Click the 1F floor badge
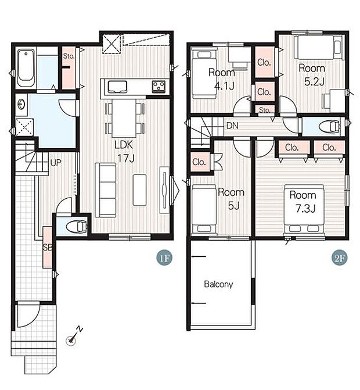click(x=164, y=258)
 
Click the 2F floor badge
click(x=339, y=258)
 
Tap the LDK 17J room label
click(x=124, y=151)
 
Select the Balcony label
click(x=218, y=284)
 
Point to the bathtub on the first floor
click(x=26, y=65)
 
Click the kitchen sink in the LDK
click(x=117, y=87)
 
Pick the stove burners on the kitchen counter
click(x=159, y=86)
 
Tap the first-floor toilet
click(x=77, y=226)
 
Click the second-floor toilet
click(x=329, y=126)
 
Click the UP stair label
click(x=56, y=163)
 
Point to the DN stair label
click(x=232, y=126)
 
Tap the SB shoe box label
click(x=48, y=248)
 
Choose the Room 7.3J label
click(x=303, y=202)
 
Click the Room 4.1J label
click(x=222, y=79)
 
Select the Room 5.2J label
click(x=312, y=74)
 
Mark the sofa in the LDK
click(x=106, y=190)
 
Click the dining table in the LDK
click(x=124, y=118)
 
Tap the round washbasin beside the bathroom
click(x=21, y=105)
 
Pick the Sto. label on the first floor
click(x=69, y=56)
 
